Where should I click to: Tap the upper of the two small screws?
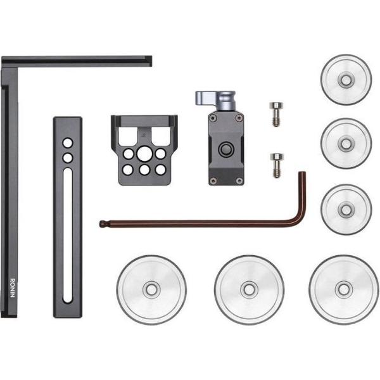275,113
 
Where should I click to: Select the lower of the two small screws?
275,165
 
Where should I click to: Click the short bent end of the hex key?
303,196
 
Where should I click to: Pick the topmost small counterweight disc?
346,79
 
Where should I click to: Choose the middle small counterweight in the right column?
346,143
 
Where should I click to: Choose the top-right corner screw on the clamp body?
238,118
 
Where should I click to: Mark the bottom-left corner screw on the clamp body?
213,180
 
